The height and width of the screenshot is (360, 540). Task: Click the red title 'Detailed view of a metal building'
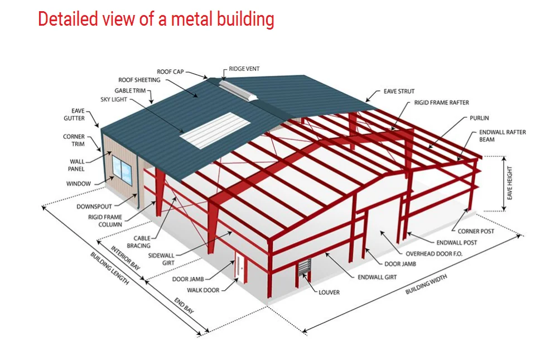pyautogui.click(x=156, y=20)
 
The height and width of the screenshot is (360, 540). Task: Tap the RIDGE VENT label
pyautogui.click(x=244, y=69)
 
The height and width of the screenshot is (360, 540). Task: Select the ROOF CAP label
pyautogui.click(x=170, y=72)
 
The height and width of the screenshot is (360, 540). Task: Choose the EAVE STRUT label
pyautogui.click(x=399, y=91)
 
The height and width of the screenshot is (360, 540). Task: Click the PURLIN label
pyautogui.click(x=479, y=118)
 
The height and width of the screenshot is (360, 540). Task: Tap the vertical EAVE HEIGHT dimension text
pyautogui.click(x=509, y=184)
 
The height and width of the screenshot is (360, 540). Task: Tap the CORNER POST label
pyautogui.click(x=475, y=231)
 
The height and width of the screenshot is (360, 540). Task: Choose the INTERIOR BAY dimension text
pyautogui.click(x=126, y=258)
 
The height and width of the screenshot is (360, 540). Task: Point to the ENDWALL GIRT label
pyautogui.click(x=377, y=277)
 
